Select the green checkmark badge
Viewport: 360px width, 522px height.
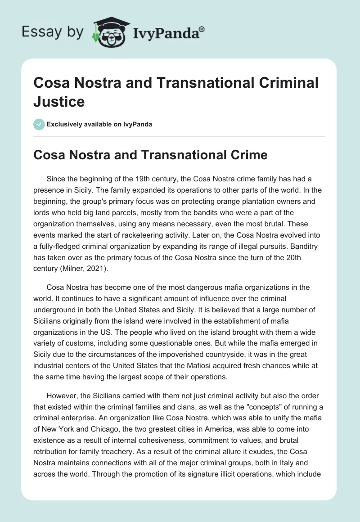39,124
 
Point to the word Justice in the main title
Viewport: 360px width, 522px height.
59,101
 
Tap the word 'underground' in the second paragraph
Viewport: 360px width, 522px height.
56,308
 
